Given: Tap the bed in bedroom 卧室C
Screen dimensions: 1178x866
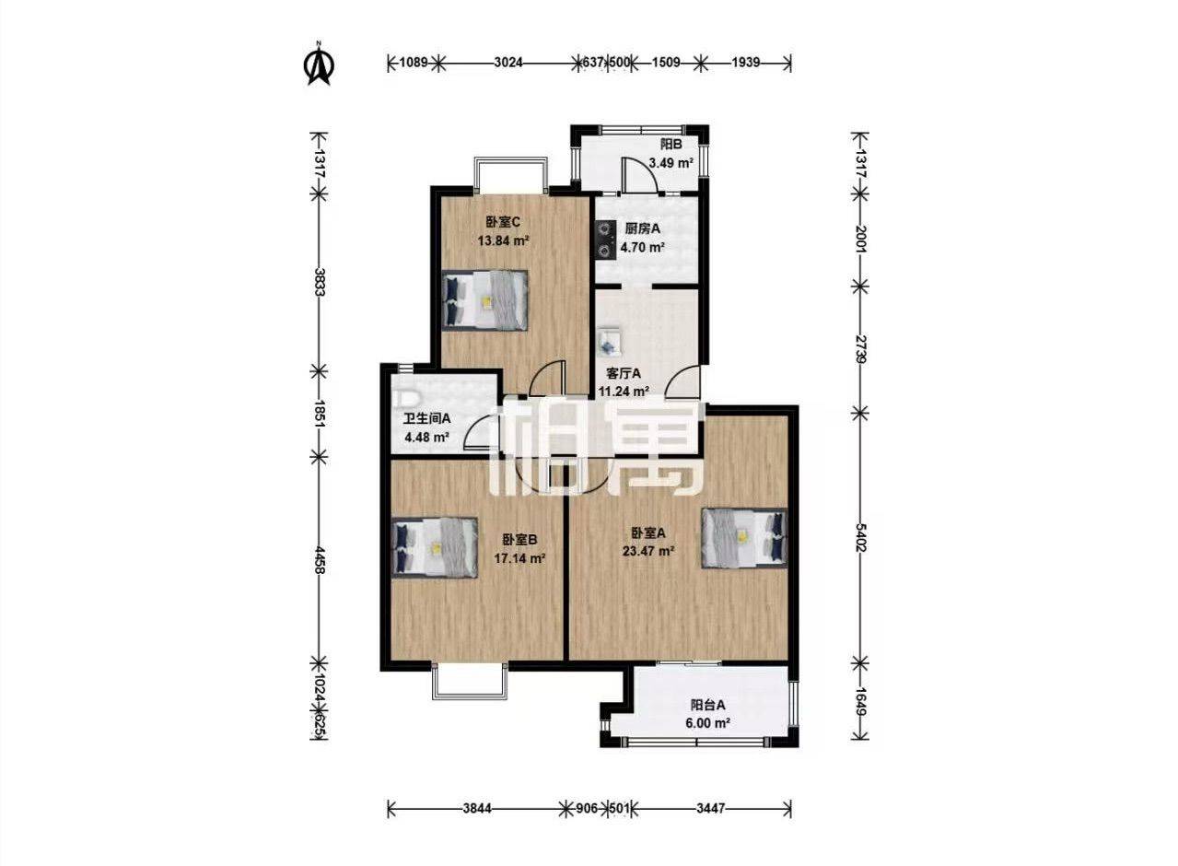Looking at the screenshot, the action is pyautogui.click(x=484, y=300).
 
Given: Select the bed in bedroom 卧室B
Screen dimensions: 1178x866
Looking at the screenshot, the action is pyautogui.click(x=435, y=547).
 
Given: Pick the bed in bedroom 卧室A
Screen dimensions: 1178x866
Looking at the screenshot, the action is pyautogui.click(x=744, y=538).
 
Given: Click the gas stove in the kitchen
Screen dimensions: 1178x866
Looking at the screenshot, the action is pyautogui.click(x=605, y=240).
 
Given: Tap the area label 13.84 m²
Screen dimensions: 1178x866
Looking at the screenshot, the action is pyautogui.click(x=503, y=241).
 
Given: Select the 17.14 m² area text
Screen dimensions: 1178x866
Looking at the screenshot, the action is pyautogui.click(x=519, y=558).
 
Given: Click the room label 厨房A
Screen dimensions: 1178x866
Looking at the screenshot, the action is pyautogui.click(x=642, y=228).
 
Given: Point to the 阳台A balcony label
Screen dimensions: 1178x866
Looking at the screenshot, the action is pyautogui.click(x=708, y=705).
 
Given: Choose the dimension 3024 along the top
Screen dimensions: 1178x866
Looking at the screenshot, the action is pyautogui.click(x=508, y=62).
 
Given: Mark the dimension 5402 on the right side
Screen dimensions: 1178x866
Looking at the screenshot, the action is pyautogui.click(x=860, y=537).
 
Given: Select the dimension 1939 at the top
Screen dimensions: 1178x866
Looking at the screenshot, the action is pyautogui.click(x=746, y=62).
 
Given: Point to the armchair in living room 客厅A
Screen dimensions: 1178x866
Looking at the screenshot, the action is pyautogui.click(x=610, y=340).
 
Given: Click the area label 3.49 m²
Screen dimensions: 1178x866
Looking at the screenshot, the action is pyautogui.click(x=671, y=162).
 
